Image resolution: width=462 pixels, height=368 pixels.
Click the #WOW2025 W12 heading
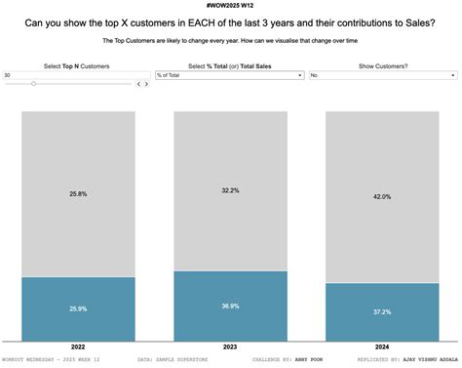231,6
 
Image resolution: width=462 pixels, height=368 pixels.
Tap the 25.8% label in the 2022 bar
78,194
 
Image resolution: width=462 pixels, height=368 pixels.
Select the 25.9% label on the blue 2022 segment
78,308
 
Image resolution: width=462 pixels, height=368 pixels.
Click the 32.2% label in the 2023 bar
230,190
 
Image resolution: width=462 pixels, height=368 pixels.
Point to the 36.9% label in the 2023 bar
230,306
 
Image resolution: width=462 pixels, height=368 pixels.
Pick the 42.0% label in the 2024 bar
382,197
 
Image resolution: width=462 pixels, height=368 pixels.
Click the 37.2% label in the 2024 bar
382,311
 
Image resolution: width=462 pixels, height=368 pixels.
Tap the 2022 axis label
78,347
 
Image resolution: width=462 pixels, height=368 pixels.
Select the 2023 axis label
230,347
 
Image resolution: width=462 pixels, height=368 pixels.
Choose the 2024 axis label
382,347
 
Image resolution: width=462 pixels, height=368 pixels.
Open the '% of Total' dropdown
230,74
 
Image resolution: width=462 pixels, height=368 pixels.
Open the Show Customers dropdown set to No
382,74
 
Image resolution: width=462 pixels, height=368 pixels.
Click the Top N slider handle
33,84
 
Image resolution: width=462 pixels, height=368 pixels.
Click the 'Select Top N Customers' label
77,64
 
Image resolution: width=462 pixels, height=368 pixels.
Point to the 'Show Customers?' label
383,64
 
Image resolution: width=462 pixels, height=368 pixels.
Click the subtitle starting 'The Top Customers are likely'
231,42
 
